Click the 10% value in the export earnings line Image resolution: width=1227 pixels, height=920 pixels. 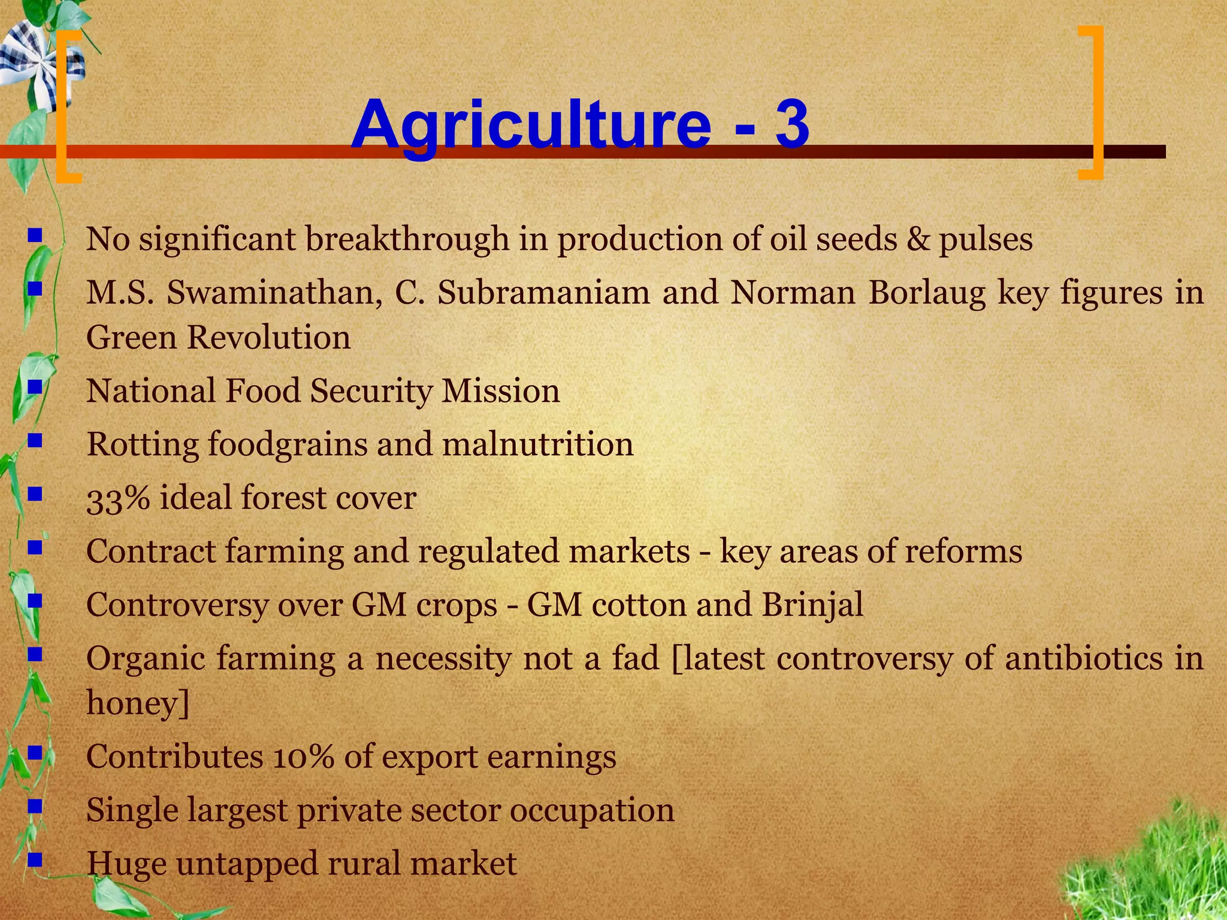[303, 757]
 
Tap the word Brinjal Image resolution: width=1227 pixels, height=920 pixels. [812, 604]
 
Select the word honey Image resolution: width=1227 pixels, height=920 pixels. [132, 703]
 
